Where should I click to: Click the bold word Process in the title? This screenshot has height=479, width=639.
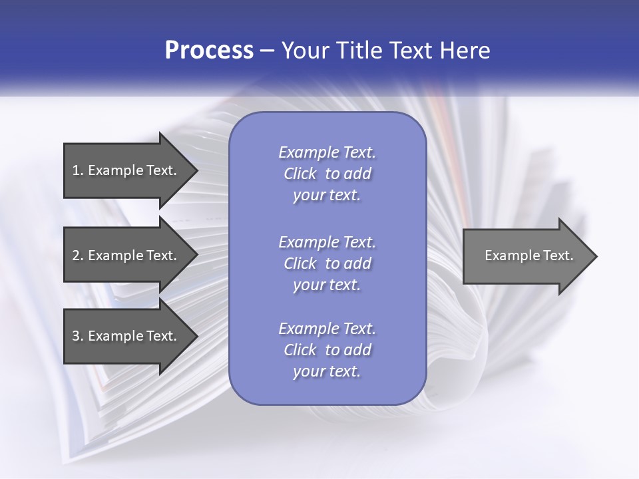(x=209, y=51)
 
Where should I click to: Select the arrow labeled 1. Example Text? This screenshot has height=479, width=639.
(x=126, y=170)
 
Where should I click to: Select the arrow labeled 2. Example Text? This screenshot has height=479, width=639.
(x=126, y=255)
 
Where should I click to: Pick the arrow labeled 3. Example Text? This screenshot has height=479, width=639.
(x=126, y=336)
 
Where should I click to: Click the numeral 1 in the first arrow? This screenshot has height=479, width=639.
(x=76, y=170)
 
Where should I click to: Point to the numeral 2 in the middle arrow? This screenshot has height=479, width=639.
(x=76, y=255)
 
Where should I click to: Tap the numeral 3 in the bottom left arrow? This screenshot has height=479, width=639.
(x=76, y=336)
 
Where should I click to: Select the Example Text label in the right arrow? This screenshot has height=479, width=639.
(x=529, y=255)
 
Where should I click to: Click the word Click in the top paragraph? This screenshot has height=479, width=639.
(x=300, y=174)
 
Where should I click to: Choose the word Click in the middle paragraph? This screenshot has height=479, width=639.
(x=300, y=263)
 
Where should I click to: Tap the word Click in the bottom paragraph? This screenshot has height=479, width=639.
(x=300, y=350)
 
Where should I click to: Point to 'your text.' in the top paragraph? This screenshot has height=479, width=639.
(x=326, y=196)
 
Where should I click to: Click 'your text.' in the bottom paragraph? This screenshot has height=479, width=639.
(x=326, y=371)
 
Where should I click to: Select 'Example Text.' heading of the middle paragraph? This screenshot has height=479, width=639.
(x=327, y=241)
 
